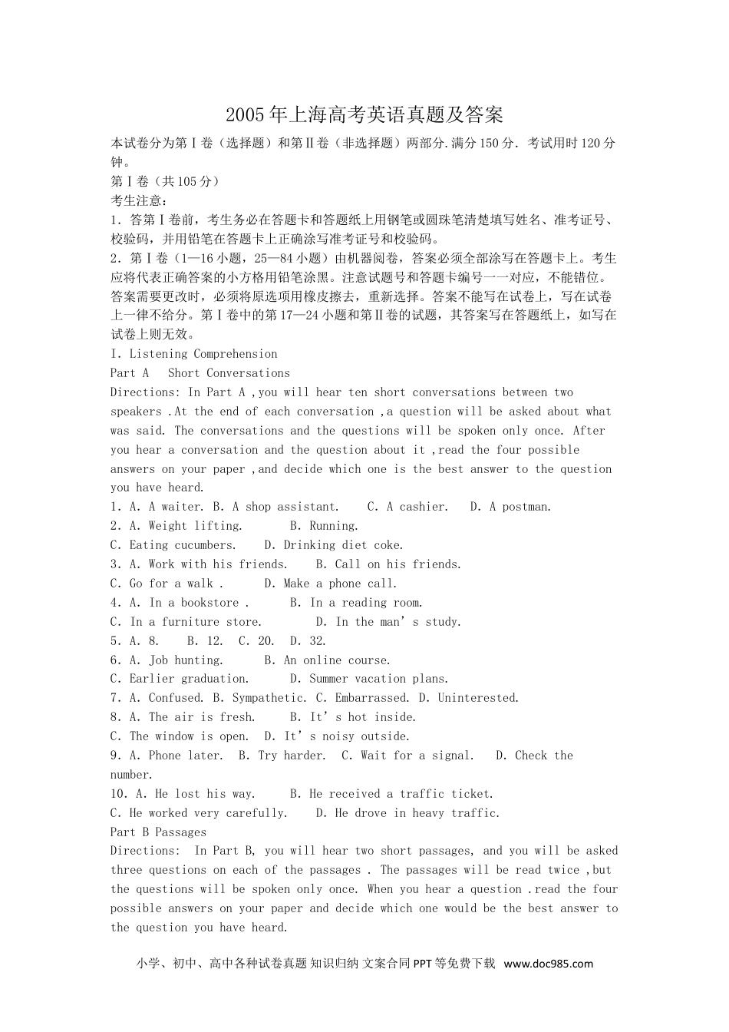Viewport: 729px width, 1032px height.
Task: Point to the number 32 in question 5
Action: [x=318, y=641]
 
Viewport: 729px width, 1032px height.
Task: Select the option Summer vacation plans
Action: [x=378, y=679]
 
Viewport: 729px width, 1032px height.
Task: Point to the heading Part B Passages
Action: [x=158, y=832]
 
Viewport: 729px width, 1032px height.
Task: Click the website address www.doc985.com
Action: [x=549, y=964]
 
